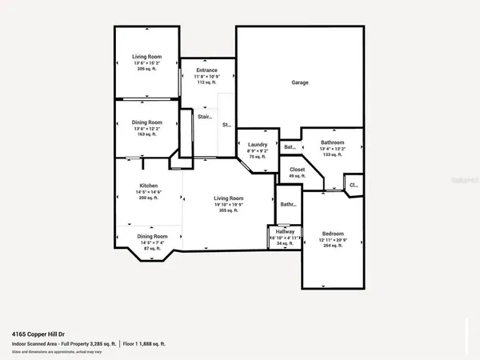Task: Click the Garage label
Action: (300, 82)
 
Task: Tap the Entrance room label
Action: (207, 70)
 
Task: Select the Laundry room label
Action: (257, 145)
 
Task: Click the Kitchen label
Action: (149, 186)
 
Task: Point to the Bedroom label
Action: (332, 234)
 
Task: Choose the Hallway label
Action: (286, 231)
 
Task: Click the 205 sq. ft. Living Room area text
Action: (147, 70)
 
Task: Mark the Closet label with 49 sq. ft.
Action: (297, 170)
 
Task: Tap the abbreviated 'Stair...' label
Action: (206, 117)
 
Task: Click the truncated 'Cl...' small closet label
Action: (353, 186)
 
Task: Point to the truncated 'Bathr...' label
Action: (288, 204)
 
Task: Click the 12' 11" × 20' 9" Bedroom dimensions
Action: (332, 241)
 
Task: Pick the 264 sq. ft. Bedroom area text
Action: (332, 246)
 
